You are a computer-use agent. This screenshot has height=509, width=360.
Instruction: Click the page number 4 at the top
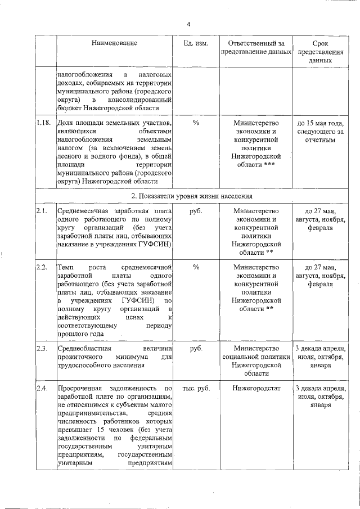point(189,24)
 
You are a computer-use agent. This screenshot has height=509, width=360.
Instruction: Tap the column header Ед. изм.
point(196,43)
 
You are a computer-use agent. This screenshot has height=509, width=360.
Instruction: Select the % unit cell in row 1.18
point(196,123)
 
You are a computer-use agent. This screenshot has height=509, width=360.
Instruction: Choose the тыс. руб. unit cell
point(196,388)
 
